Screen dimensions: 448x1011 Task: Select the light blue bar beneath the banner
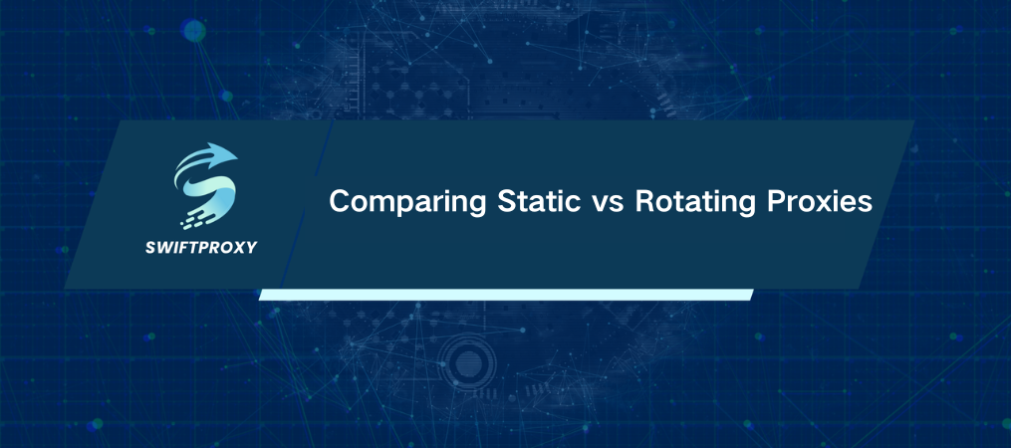(x=505, y=295)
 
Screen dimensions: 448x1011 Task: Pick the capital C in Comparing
(x=340, y=202)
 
